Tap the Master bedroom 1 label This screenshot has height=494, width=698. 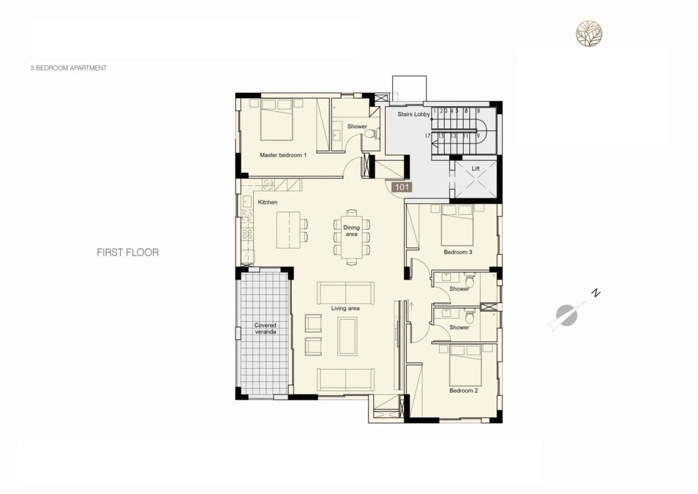click(x=283, y=155)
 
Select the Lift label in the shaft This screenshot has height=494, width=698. click(x=476, y=169)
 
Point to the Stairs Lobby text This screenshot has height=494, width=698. click(x=413, y=115)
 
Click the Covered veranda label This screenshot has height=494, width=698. click(x=265, y=329)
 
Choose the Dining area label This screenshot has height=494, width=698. click(x=351, y=231)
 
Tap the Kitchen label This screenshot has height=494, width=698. click(x=267, y=202)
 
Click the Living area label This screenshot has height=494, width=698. click(x=345, y=309)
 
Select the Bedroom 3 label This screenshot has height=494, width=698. click(x=458, y=252)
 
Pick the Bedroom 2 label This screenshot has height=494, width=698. click(x=464, y=391)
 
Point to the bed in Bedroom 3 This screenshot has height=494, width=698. click(x=457, y=226)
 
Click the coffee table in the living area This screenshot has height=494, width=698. click(x=347, y=336)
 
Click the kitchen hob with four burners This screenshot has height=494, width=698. click(x=247, y=234)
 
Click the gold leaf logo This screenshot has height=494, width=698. click(x=589, y=33)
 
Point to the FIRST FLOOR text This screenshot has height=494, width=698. click(x=128, y=252)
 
